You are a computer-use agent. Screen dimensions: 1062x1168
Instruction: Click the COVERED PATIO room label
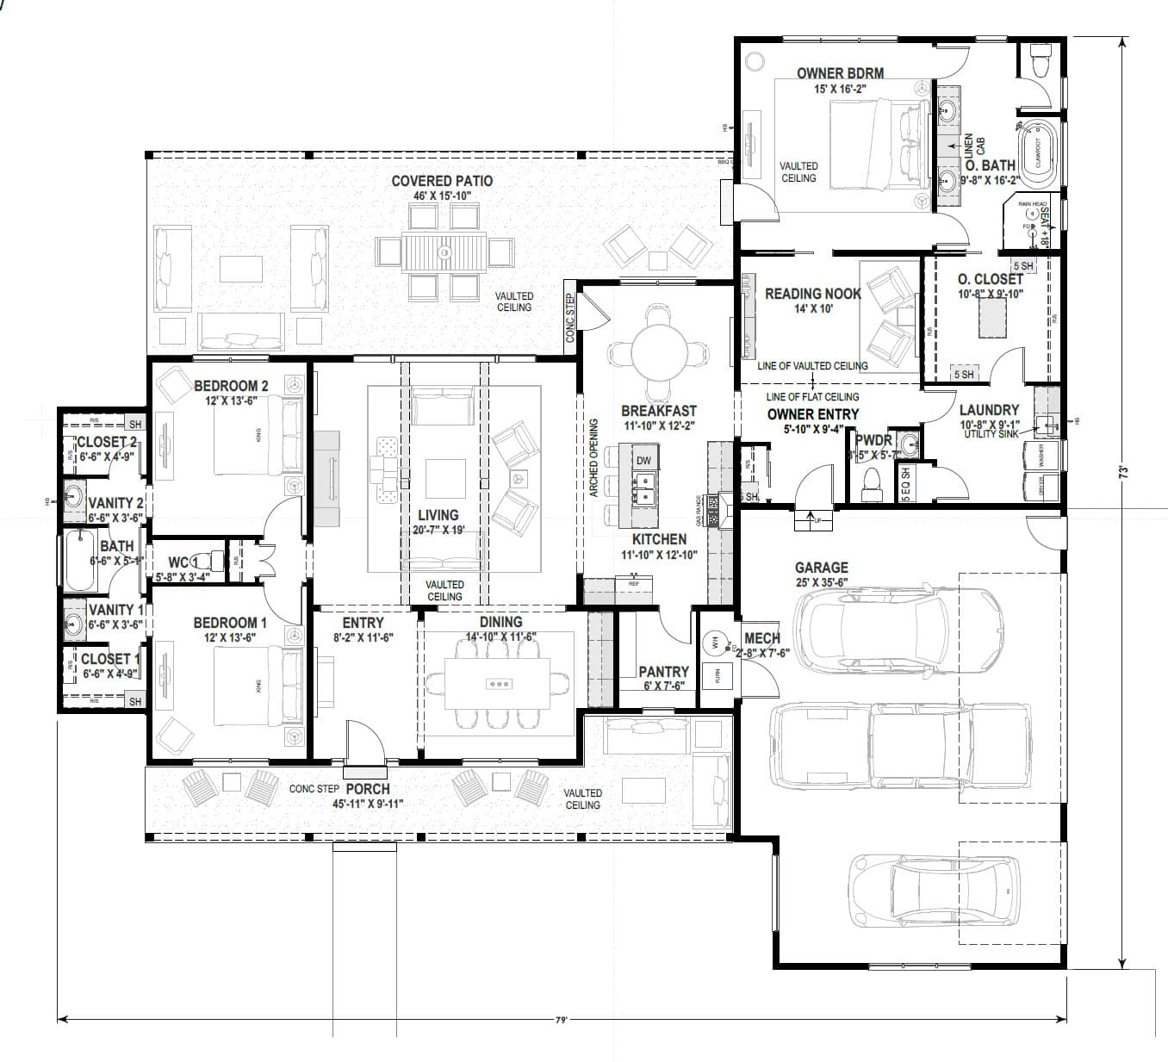[442, 181]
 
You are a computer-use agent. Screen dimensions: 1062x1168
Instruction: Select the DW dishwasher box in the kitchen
[643, 460]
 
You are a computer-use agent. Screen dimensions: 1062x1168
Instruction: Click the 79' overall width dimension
[561, 1020]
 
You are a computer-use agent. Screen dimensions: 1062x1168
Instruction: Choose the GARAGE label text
[821, 568]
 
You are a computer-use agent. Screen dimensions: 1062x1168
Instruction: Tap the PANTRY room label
[663, 672]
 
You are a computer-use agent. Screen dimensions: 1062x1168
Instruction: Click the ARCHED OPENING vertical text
[593, 458]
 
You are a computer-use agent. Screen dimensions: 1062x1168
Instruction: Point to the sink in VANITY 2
[75, 498]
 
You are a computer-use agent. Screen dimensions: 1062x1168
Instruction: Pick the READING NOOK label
[812, 294]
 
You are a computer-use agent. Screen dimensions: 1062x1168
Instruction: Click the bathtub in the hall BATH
[79, 560]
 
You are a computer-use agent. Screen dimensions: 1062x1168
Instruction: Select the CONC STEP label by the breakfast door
[569, 319]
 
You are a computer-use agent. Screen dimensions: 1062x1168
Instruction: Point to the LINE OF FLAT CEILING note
[812, 397]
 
